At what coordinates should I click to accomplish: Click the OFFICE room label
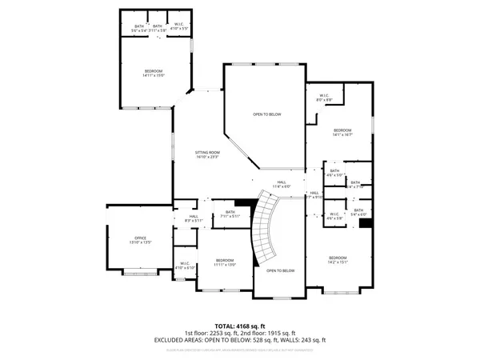[141, 239]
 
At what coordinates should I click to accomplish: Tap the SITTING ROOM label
[207, 154]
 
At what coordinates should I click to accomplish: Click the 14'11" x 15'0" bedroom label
[154, 74]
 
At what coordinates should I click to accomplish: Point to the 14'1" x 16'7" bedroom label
[342, 133]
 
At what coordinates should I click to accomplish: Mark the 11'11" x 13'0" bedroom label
[225, 262]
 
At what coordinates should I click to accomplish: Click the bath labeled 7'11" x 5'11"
[230, 214]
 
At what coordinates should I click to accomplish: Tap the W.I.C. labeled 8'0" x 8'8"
[324, 98]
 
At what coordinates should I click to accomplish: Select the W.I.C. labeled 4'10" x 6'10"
[185, 266]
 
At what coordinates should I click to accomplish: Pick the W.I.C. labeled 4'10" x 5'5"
[178, 28]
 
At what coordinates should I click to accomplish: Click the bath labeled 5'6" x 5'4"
[140, 28]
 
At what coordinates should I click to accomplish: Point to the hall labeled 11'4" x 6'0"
[282, 184]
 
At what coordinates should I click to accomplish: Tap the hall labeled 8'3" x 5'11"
[194, 218]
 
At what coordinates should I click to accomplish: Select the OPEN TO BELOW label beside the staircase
[280, 270]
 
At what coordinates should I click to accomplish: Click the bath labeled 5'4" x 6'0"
[358, 212]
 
